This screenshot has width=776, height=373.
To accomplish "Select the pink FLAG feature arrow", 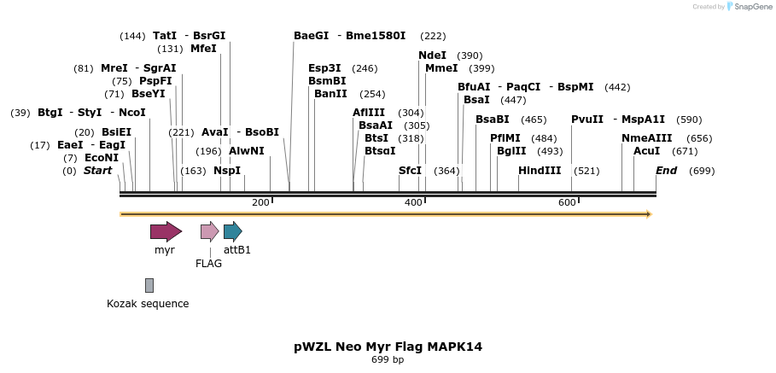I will tap(209, 231).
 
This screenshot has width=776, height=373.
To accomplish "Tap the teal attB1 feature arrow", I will tap(232, 231).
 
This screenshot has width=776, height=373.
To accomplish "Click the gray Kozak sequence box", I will tap(149, 285).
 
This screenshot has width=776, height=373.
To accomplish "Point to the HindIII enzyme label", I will tap(540, 171).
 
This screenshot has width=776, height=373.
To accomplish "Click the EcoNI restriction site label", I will tap(102, 158).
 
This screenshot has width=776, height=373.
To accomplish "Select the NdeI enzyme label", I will tap(432, 55).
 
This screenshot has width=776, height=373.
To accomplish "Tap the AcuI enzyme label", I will tap(646, 151).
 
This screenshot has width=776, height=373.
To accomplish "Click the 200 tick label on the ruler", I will tap(261, 202).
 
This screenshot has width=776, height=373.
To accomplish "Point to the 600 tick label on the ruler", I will tap(567, 202).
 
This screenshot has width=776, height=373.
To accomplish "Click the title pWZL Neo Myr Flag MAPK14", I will tap(388, 347).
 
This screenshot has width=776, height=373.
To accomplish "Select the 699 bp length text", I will tap(388, 360).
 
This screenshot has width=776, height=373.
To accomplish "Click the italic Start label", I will tap(97, 171).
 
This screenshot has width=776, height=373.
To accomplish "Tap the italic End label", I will tap(666, 171).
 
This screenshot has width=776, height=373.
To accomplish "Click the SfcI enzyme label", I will tap(411, 171).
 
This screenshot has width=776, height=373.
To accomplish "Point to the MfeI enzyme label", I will tap(203, 49).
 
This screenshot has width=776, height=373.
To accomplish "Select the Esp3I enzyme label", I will tap(324, 68).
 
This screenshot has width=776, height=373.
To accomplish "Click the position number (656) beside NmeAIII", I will tap(699, 138).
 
